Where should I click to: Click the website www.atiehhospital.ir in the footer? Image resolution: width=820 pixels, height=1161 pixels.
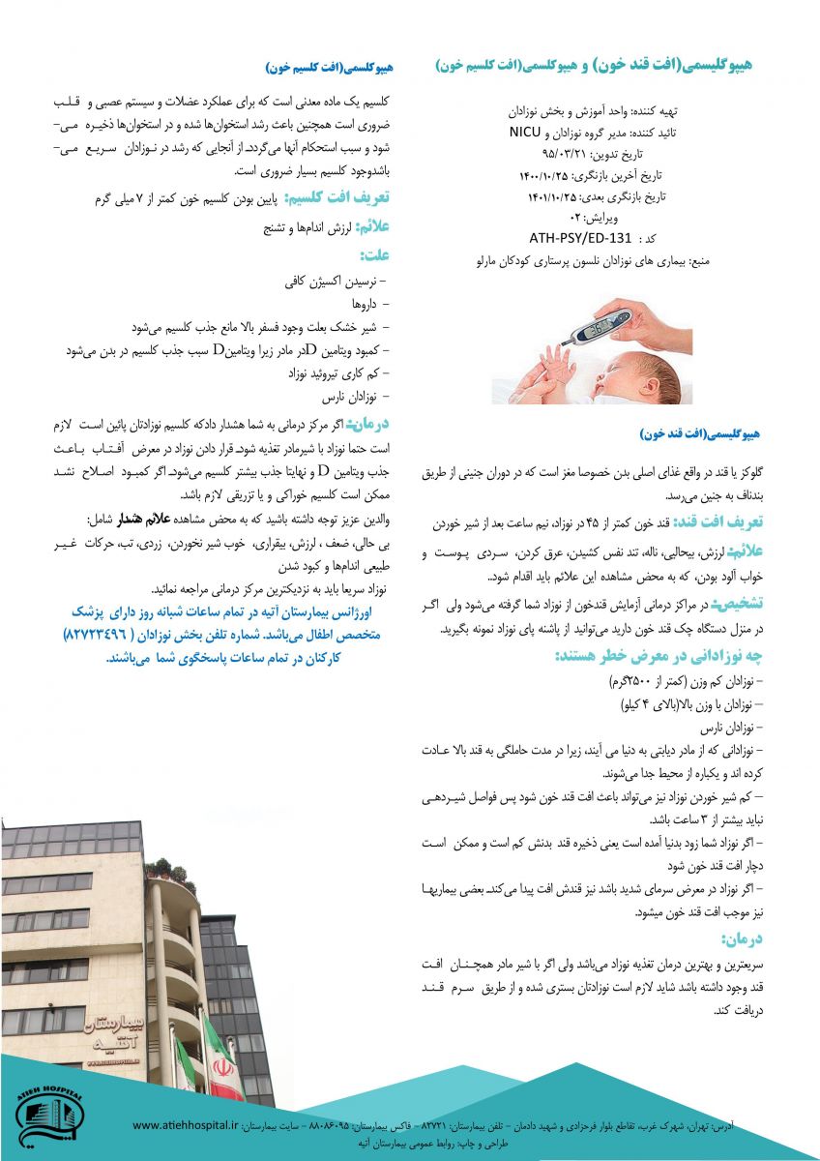point(185,1125)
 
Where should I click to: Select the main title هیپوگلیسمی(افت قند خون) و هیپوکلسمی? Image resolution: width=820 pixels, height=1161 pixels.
point(594,65)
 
